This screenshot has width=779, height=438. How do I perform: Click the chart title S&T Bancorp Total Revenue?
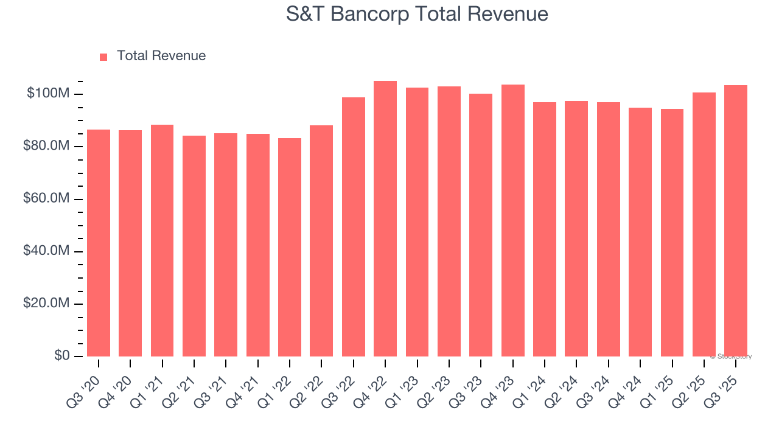pyautogui.click(x=417, y=14)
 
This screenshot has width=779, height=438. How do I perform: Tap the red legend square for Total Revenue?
pyautogui.click(x=103, y=57)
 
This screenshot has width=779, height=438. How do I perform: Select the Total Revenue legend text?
pyautogui.click(x=161, y=56)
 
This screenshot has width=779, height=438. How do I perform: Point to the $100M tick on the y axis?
pyautogui.click(x=48, y=94)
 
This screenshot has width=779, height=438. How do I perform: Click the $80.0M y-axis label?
pyautogui.click(x=47, y=147)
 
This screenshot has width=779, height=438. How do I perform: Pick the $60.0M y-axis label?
pyautogui.click(x=47, y=199)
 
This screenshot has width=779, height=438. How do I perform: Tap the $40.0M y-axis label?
pyautogui.click(x=47, y=251)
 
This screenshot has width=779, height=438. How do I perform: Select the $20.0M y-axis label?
pyautogui.click(x=47, y=304)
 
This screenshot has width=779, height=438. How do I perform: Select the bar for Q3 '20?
pyautogui.click(x=99, y=243)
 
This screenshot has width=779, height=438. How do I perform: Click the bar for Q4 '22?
pyautogui.click(x=385, y=219)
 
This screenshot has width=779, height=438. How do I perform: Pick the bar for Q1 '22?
pyautogui.click(x=290, y=247)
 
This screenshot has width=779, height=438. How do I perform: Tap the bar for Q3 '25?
pyautogui.click(x=736, y=221)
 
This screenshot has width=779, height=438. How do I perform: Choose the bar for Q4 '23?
pyautogui.click(x=513, y=220)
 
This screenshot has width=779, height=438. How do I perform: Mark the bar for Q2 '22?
pyautogui.click(x=321, y=241)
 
